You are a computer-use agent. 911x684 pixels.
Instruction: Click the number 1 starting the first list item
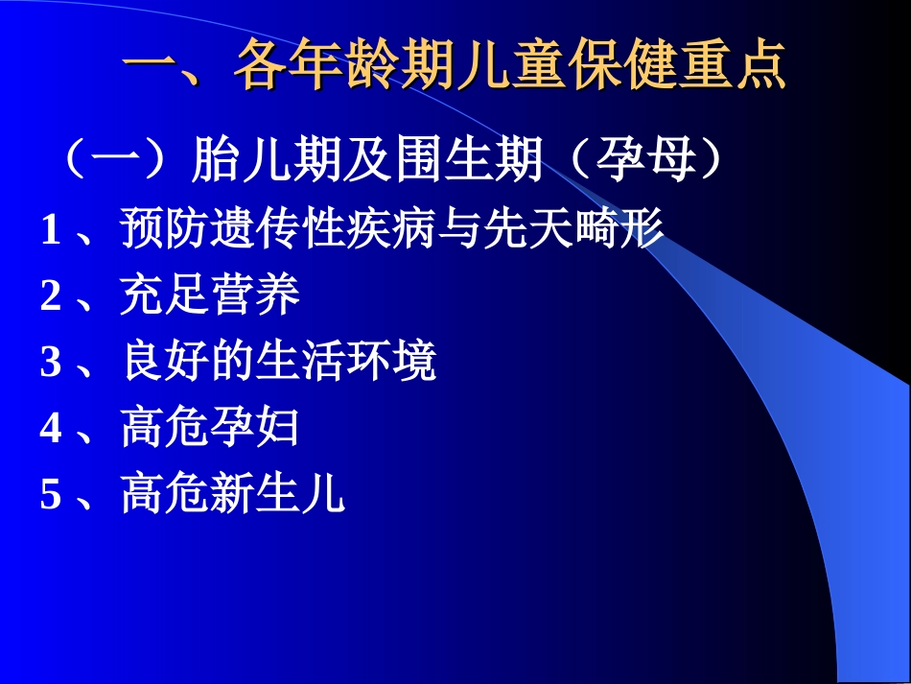pos(50,231)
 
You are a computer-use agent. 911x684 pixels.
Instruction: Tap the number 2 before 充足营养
pos(50,297)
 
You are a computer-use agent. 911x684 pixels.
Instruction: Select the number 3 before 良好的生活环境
pos(50,364)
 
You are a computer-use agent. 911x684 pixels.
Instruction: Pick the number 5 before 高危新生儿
pos(50,496)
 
